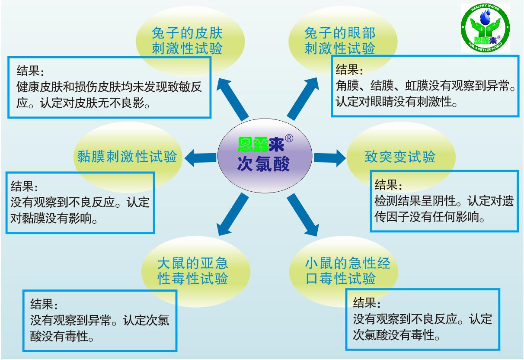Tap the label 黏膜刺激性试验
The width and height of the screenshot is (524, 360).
click(x=127, y=156)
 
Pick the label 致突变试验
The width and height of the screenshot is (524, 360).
click(x=400, y=157)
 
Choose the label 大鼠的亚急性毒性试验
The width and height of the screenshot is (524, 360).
click(x=192, y=271)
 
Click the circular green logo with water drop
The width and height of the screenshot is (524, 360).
click(x=486, y=28)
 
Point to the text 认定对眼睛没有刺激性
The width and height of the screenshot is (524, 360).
click(x=397, y=102)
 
